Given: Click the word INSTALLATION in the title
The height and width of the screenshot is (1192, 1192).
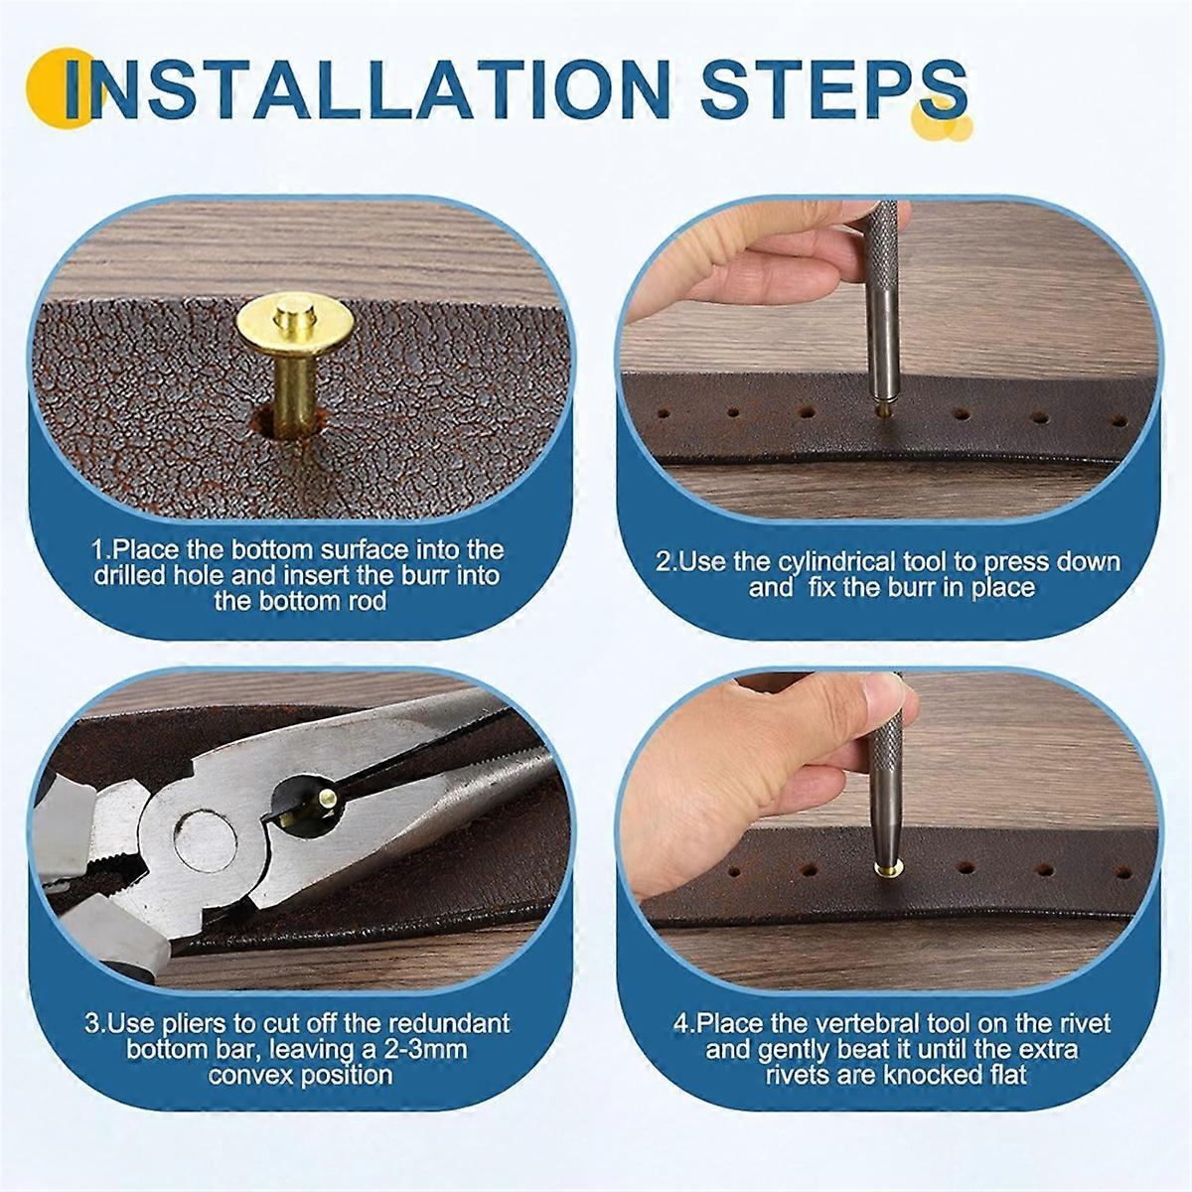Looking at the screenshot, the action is coord(368,89).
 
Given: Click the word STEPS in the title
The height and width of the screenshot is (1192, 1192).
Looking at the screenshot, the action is coord(833,89).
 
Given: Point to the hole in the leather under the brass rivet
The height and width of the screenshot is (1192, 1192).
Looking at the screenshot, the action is coord(288,423).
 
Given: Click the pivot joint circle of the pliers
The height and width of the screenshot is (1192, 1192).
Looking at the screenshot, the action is coord(206,839).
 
